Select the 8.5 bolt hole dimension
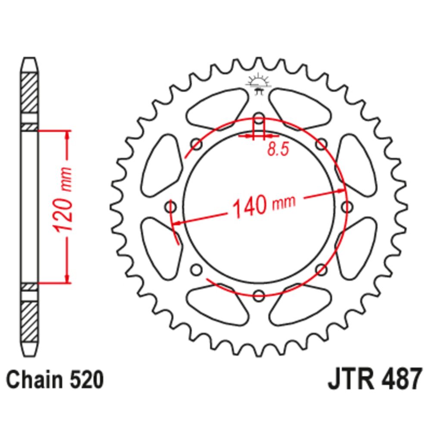278,150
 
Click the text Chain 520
55,380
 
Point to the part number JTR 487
375,379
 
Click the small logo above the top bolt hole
259,84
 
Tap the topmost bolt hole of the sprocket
259,119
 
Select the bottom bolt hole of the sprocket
259,296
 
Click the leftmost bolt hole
170,207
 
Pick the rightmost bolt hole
347,207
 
